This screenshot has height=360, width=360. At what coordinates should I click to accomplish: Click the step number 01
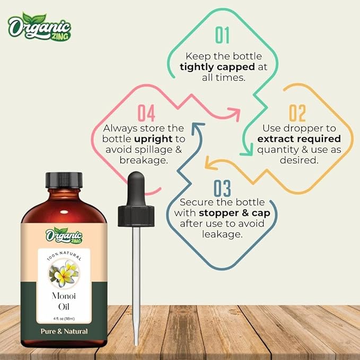[x=223, y=35]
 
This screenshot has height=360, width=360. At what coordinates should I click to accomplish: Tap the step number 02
[x=297, y=113]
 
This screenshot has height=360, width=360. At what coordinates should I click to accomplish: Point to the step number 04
[x=146, y=113]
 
